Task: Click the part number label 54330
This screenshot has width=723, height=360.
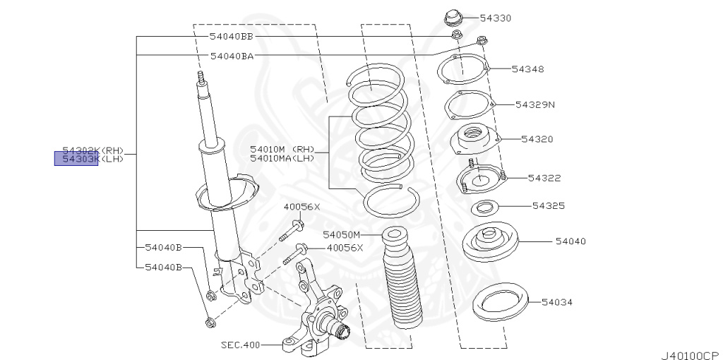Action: coord(496,18)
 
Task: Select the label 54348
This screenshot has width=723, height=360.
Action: coord(528,69)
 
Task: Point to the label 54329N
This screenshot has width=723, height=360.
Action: coord(535,104)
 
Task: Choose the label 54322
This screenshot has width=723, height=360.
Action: coord(544,178)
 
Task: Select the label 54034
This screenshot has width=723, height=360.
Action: coord(557,302)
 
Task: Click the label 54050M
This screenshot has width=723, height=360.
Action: coord(342,234)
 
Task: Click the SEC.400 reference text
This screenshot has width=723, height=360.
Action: coord(240,345)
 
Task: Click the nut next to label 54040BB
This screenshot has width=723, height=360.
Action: coord(455,35)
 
